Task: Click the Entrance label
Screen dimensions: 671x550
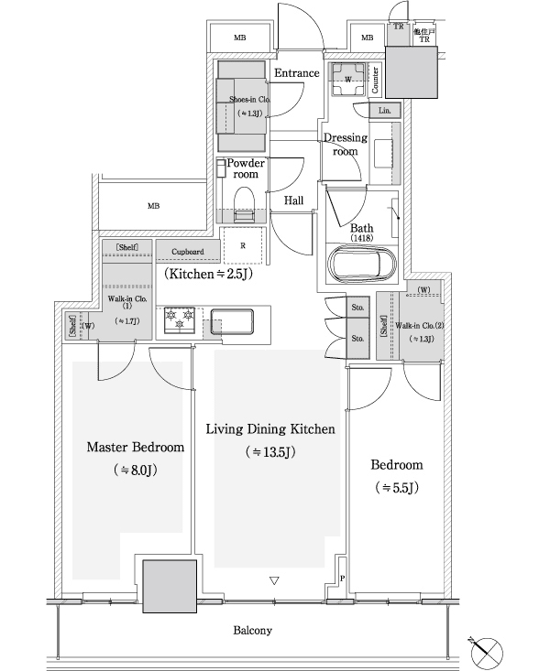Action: pos(296,73)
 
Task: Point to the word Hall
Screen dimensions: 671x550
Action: pos(293,200)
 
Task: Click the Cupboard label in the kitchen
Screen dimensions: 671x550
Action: pos(187,249)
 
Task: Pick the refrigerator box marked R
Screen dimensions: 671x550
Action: pos(242,246)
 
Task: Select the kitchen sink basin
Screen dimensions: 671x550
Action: pos(232,323)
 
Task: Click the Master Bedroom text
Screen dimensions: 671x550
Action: pos(135,448)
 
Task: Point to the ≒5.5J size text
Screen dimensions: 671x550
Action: pos(396,488)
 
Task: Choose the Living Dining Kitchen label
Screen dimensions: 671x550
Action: pos(269,428)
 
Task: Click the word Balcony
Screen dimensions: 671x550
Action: pos(252,631)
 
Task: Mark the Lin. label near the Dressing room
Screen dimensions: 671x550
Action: pos(385,110)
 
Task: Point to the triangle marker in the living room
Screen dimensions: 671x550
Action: pos(273,580)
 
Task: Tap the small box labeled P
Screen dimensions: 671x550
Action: pos(342,579)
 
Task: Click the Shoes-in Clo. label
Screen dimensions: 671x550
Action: pos(240,101)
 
